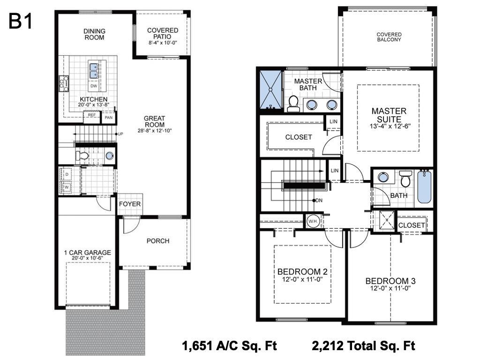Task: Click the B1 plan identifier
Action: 20,21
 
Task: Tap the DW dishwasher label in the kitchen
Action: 94,86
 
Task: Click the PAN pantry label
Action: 109,117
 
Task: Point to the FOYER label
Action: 130,204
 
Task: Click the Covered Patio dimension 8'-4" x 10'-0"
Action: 163,43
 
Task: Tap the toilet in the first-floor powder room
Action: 82,156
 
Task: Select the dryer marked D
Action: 67,174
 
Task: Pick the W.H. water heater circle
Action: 313,221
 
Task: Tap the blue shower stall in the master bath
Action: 270,90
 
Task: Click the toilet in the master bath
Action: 293,104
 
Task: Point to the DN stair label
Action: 319,201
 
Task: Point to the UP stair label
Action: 120,134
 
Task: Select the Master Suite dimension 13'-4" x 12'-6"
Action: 390,126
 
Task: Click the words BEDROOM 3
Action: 390,281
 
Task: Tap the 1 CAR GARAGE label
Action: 88,253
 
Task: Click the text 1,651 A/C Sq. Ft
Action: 229,345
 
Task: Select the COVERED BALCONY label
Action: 389,37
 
